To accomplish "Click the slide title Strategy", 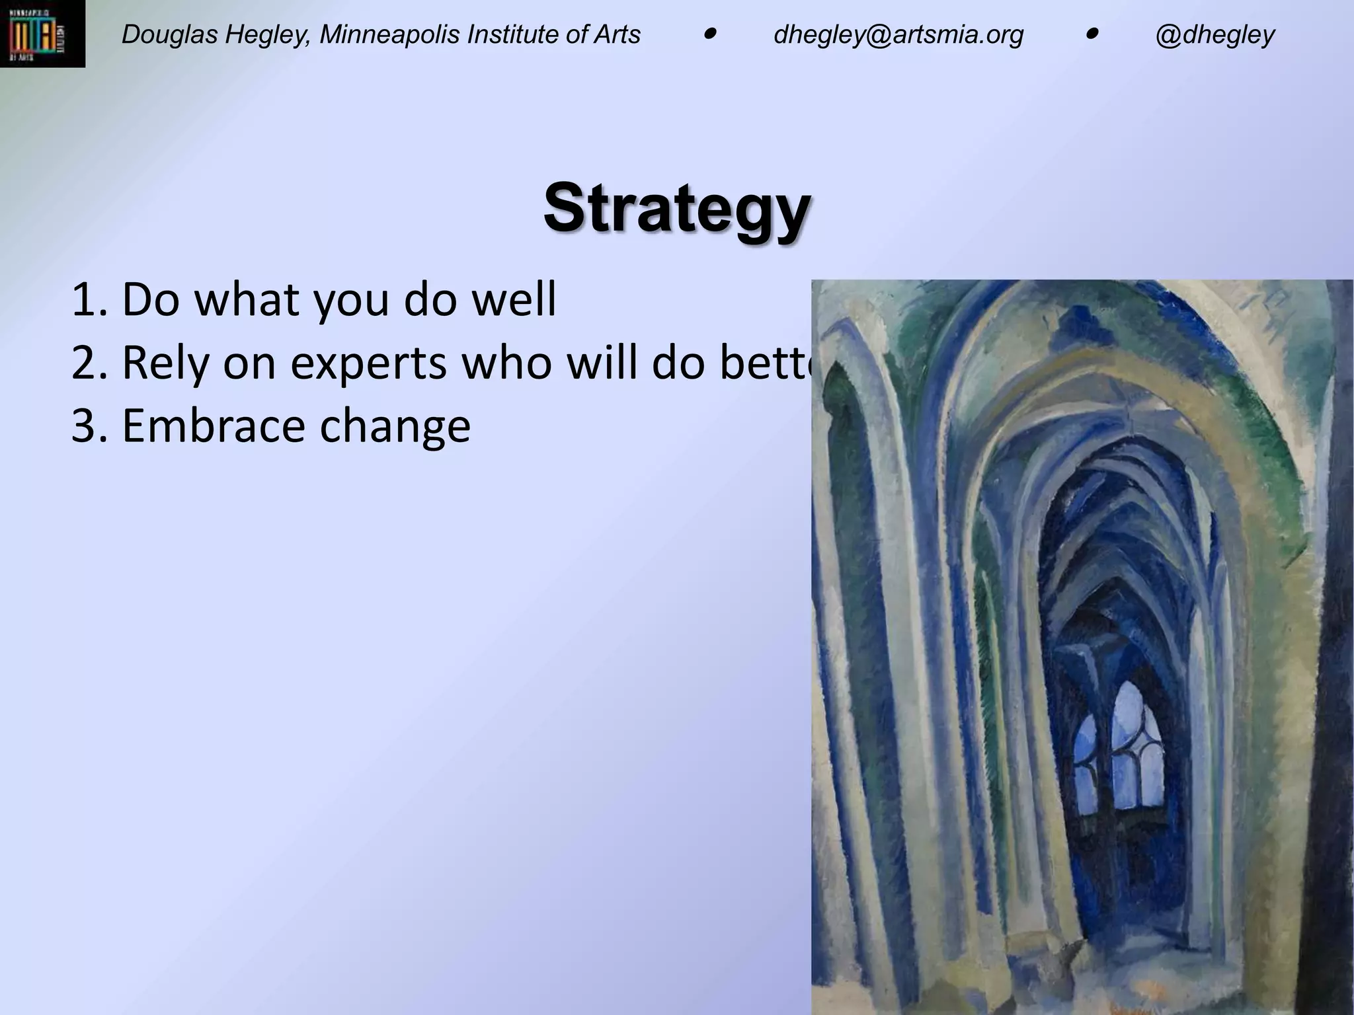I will coord(677,207).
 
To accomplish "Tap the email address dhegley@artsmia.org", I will coord(898,34).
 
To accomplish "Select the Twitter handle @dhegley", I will coord(1215,34).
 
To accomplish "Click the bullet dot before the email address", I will coord(709,33).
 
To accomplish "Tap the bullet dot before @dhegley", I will coord(1092,33).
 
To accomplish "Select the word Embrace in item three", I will coord(214,426).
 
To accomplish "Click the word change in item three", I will coord(395,426).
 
